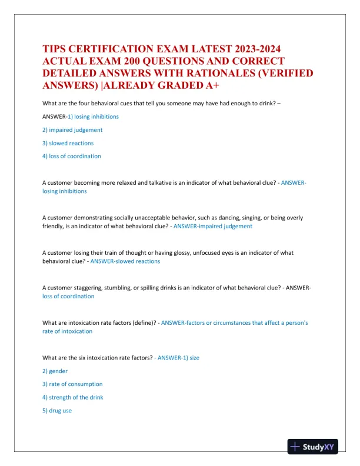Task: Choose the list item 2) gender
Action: pos(55,371)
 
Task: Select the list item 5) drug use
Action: pos(57,410)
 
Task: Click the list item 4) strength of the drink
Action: pos(73,397)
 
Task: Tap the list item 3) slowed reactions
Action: pos(68,143)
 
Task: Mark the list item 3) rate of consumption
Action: pos(72,384)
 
